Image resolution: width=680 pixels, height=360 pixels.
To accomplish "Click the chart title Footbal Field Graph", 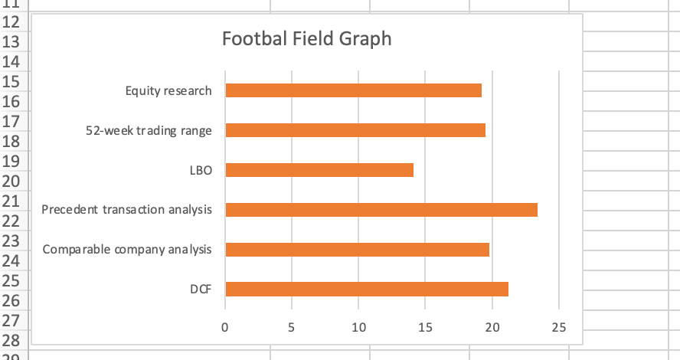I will (x=306, y=38).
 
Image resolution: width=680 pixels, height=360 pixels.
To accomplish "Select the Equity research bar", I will (x=353, y=90).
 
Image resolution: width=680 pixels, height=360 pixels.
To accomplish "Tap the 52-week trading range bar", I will (x=355, y=130).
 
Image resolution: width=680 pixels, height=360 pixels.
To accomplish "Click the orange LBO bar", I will (x=319, y=170).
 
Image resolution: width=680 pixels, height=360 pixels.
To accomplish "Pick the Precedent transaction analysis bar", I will (x=381, y=210).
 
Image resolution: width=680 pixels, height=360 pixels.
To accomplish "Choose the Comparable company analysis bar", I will (x=357, y=250).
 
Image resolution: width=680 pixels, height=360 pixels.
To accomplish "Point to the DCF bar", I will (x=367, y=290).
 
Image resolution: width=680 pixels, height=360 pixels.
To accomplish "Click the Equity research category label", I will (x=168, y=91).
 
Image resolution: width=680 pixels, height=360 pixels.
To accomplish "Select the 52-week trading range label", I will (x=149, y=131).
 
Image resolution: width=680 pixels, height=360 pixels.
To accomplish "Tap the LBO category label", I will (x=201, y=170).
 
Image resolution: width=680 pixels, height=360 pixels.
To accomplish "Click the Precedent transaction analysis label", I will (x=126, y=210).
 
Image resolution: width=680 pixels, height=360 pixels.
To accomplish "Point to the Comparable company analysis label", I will (x=127, y=250).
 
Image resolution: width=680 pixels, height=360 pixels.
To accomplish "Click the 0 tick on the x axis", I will (x=224, y=328).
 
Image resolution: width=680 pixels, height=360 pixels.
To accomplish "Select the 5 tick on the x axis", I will (x=292, y=328).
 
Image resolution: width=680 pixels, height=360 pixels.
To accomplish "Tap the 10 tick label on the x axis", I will (x=358, y=328).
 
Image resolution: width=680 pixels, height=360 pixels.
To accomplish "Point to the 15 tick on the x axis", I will (x=425, y=328).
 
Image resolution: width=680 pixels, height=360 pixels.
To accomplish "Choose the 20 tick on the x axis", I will (x=492, y=328).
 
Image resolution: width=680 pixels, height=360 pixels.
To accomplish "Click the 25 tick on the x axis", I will (x=559, y=328).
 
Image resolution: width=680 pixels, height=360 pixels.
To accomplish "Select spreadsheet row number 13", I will (x=11, y=42).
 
